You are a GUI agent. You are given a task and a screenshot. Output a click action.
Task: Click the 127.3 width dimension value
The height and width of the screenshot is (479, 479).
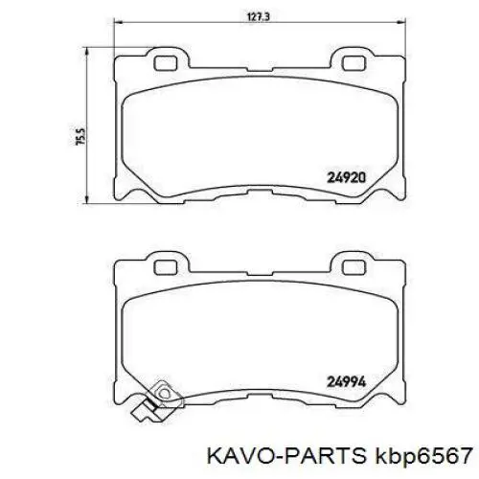point(253,16)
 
